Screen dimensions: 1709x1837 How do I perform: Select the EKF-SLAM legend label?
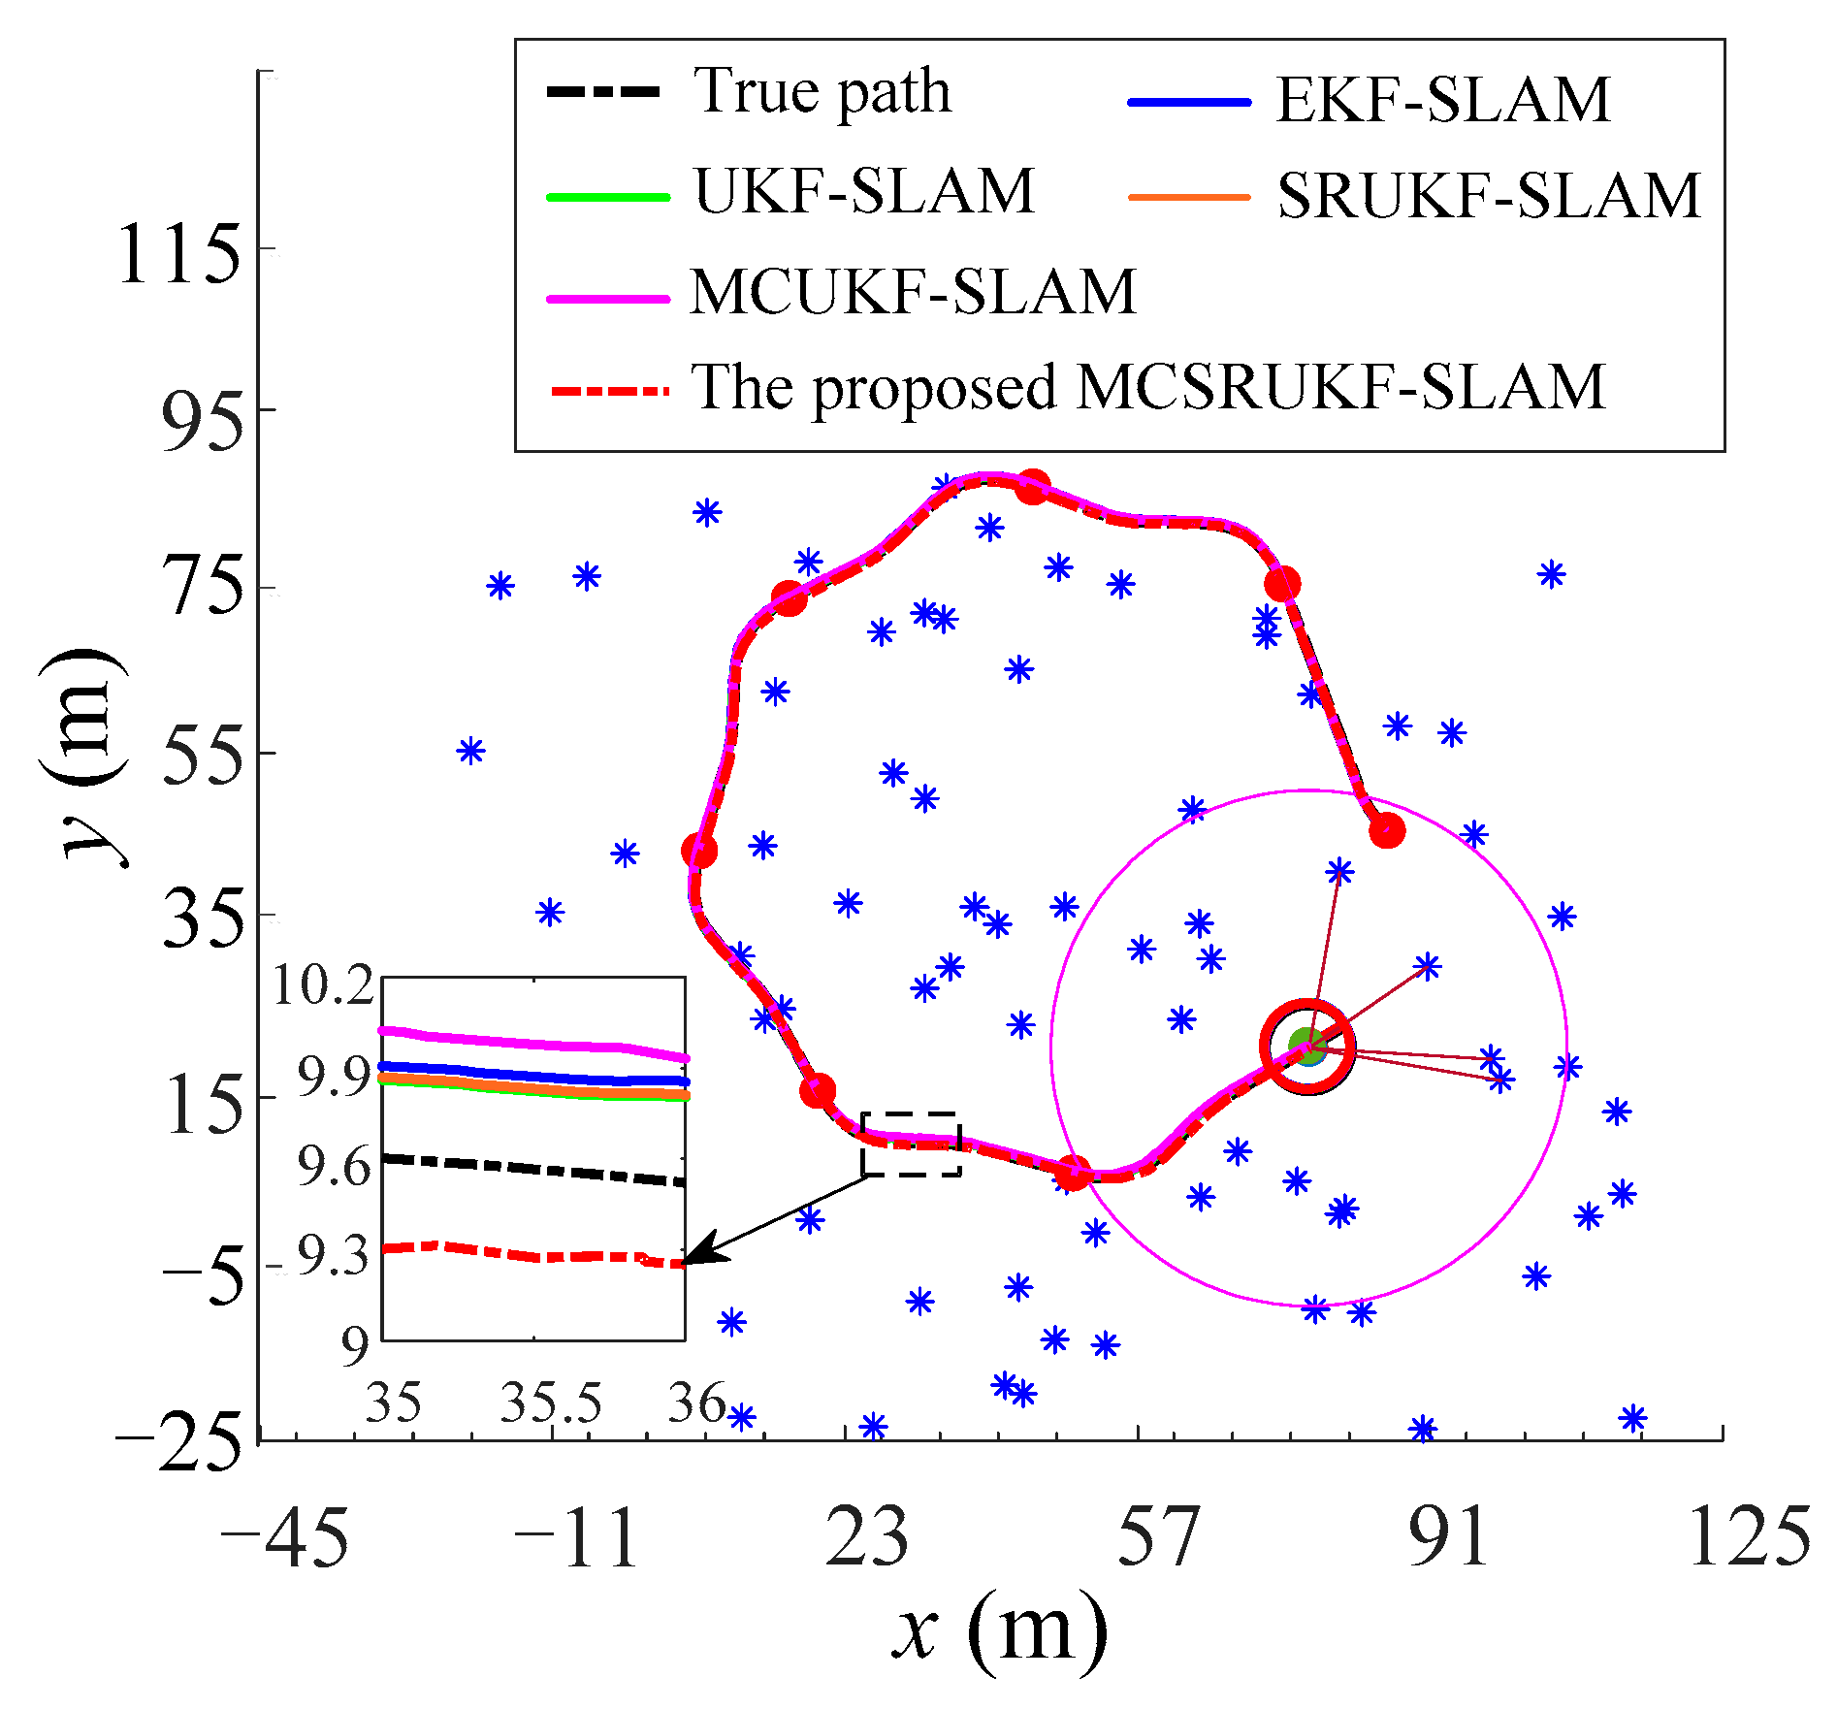click(1442, 99)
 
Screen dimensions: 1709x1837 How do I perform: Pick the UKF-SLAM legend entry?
click(864, 191)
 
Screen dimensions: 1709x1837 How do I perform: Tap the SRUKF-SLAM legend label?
click(1489, 196)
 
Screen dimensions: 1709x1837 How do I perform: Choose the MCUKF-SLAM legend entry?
click(912, 291)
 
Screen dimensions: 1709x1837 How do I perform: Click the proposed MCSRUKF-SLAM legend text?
click(1147, 387)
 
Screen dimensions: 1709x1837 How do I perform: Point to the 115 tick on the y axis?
click(178, 256)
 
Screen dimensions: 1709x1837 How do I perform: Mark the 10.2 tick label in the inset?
click(323, 986)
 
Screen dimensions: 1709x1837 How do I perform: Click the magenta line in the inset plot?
click(533, 1044)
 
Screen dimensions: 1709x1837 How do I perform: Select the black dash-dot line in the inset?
click(533, 1169)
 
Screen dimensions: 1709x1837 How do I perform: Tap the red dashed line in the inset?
click(533, 1256)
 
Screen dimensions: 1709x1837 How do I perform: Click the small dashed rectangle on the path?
click(911, 1145)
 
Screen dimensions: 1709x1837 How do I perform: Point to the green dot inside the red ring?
click(1306, 1047)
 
